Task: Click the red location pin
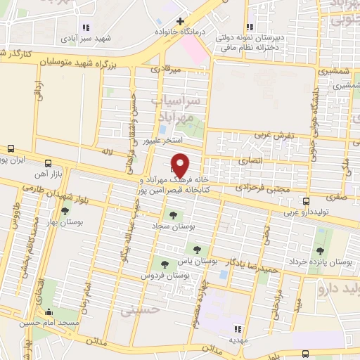pos(181,165)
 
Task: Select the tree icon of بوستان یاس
pos(195,249)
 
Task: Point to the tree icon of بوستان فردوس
pos(165,264)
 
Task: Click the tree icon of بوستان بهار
pos(65,210)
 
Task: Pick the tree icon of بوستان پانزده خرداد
pos(320,250)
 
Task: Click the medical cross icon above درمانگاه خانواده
pos(181,21)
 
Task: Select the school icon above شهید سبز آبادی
pos(86,27)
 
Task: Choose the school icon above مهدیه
pos(238,328)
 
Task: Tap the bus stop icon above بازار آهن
pos(48,161)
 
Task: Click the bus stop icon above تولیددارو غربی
pos(307,200)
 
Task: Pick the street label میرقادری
pos(166,70)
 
